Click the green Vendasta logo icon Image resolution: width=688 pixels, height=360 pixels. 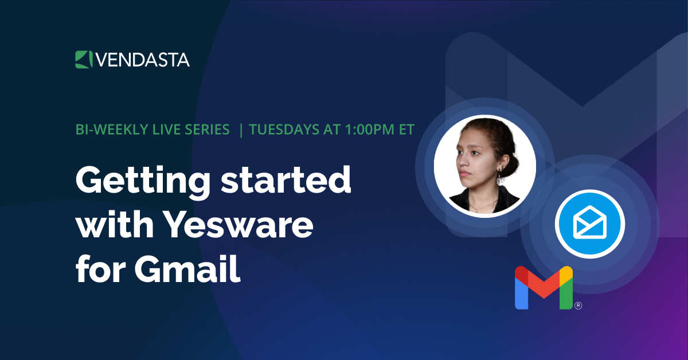84,59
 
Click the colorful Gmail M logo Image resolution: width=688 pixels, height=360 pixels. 544,288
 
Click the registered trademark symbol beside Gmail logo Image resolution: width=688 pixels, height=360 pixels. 578,306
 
